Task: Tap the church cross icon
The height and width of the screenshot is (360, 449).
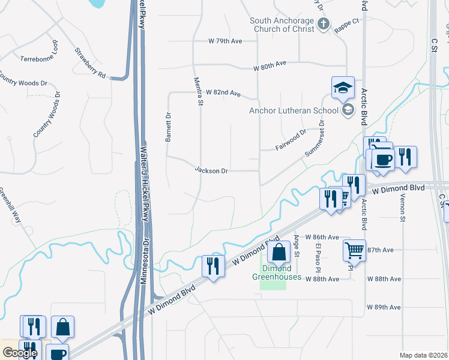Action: [x=324, y=25]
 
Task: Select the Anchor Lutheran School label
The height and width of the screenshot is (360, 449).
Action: [x=294, y=110]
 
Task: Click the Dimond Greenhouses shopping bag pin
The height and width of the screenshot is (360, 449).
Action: [x=279, y=252]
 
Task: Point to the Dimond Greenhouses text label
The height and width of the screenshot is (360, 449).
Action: [x=273, y=272]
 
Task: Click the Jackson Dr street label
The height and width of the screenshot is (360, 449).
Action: [x=211, y=170]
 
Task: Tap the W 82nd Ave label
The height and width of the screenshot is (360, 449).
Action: [x=223, y=94]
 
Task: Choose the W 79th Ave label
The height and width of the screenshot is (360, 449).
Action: [x=225, y=41]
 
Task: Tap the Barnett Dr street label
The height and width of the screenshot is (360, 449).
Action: [x=169, y=127]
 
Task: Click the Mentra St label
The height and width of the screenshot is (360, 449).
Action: [x=198, y=91]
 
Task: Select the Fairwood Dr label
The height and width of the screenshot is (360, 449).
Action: [x=291, y=139]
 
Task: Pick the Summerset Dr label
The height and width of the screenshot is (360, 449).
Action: [x=315, y=139]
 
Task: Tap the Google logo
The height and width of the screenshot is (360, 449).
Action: [x=20, y=352]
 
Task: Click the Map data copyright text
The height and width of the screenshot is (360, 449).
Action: [x=423, y=355]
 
